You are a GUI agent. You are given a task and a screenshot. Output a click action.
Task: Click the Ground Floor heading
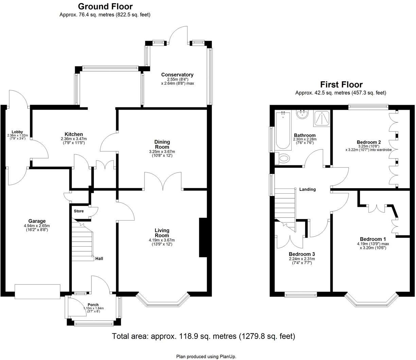pos(105,6)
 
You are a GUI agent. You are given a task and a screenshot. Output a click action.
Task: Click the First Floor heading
pos(341,84)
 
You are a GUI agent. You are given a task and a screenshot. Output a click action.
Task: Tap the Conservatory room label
pos(177,75)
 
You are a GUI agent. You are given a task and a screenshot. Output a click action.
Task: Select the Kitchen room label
pos(74,134)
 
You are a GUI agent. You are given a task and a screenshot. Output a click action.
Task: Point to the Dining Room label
pos(162,144)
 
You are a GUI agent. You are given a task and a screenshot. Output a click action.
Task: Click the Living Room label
pos(162,233)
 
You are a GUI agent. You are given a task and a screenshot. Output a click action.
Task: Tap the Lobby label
pos(17,132)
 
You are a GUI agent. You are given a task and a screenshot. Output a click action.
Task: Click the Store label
pos(79,211)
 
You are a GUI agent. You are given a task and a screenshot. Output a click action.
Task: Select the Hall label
pos(99,259)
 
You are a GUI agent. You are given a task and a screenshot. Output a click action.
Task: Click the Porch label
pos(93,305)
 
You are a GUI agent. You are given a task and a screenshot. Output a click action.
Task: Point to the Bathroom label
pos(305,135)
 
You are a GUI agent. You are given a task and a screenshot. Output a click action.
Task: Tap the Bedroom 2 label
pos(368,142)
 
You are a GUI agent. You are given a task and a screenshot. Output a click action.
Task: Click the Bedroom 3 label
pos(301,254)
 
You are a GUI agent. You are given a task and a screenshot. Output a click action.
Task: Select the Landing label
pos(307,189)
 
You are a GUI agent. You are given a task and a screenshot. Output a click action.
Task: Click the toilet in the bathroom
pos(283,158)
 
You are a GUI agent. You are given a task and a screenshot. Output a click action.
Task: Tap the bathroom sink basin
pos(301,115)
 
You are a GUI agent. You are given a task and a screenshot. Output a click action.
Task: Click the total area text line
pos(204,336)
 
